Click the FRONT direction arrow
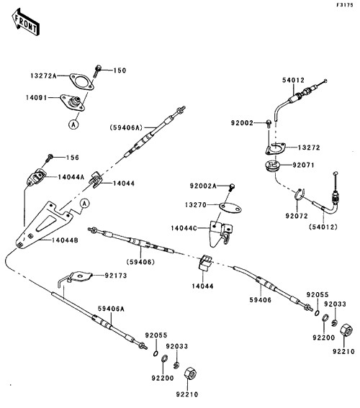click(x=25, y=22)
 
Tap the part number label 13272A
click(x=43, y=76)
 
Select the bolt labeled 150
click(x=97, y=71)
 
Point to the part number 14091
click(x=36, y=98)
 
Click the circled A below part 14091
click(x=73, y=124)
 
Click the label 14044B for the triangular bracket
click(x=65, y=240)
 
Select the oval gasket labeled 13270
click(x=230, y=208)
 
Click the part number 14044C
click(x=184, y=228)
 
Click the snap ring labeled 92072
click(x=299, y=194)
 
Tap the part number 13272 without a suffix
click(x=309, y=148)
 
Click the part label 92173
click(x=116, y=276)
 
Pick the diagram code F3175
click(x=345, y=5)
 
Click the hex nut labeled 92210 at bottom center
click(x=190, y=375)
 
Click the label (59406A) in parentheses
click(x=126, y=127)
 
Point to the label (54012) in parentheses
click(x=323, y=227)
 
